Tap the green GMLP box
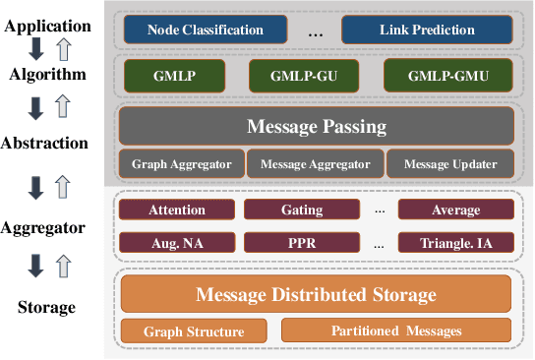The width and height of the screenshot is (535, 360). point(172,74)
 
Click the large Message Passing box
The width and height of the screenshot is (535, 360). point(316,127)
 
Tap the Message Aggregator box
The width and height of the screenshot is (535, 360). point(314,164)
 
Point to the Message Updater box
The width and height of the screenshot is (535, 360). point(448,164)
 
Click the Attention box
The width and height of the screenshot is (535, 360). point(177,210)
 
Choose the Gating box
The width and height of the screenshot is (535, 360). point(302,210)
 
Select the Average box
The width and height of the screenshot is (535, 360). point(455,210)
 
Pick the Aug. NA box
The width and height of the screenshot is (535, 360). point(177,241)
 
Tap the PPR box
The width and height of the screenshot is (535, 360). point(302,241)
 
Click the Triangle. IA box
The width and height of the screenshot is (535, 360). point(455,241)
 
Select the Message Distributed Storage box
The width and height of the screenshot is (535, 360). point(316,293)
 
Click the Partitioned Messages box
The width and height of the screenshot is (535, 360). point(396,330)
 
